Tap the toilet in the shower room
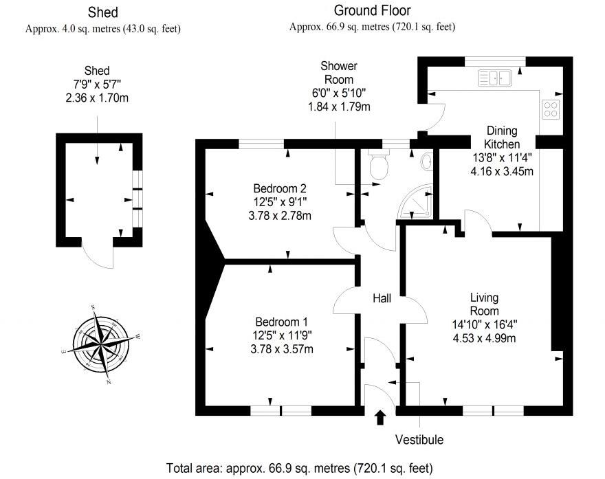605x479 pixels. click(379, 165)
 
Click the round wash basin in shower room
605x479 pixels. click(427, 161)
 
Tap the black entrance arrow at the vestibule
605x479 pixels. click(380, 416)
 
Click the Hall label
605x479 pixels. click(382, 298)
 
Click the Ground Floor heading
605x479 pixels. click(372, 10)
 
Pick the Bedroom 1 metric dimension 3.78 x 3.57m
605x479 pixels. click(281, 348)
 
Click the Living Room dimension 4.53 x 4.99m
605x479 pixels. click(484, 337)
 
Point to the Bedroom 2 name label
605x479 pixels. click(279, 188)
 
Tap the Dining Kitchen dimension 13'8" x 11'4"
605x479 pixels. click(501, 157)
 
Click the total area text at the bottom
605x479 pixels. click(300, 469)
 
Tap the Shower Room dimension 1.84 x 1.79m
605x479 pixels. click(338, 107)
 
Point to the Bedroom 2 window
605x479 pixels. click(261, 144)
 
